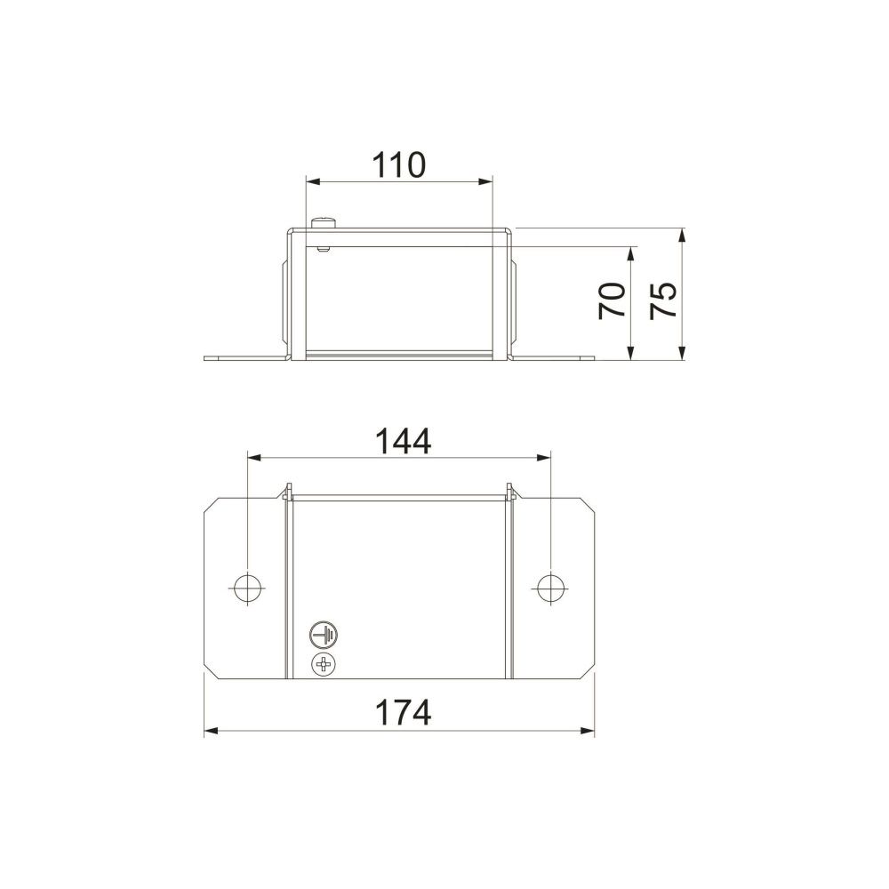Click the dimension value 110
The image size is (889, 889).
click(398, 165)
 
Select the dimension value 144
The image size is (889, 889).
click(403, 441)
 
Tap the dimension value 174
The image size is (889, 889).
click(403, 713)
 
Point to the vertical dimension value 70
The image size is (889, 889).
click(613, 301)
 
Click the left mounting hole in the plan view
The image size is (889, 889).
click(248, 589)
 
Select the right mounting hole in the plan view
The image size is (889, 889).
click(550, 589)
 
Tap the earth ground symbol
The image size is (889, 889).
click(324, 635)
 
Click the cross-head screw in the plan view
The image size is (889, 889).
click(324, 664)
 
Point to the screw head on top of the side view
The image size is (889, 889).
click(324, 222)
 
